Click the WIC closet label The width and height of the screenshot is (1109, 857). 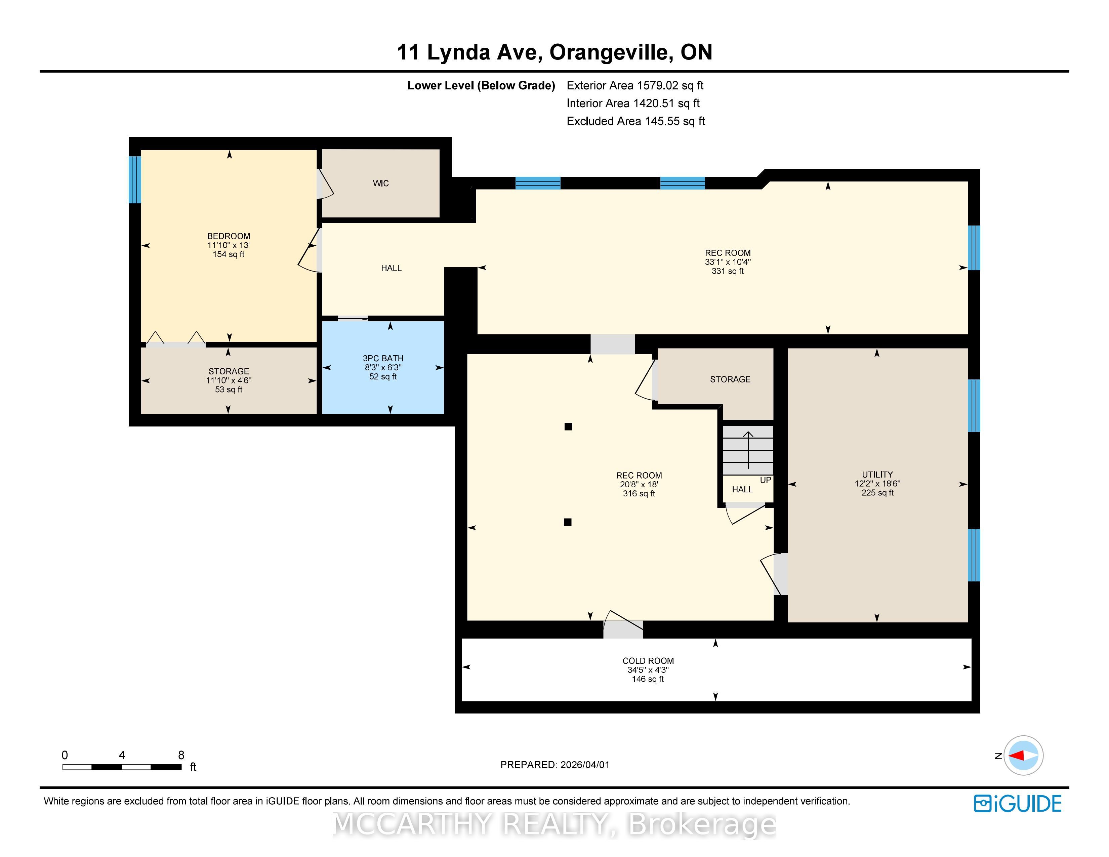pos(381,183)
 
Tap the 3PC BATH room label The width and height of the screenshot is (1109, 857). pos(383,359)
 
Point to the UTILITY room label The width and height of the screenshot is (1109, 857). pos(877,475)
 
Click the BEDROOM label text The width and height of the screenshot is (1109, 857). pos(229,236)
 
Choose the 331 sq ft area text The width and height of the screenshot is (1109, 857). pos(728,271)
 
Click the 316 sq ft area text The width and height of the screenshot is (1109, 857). pos(639,493)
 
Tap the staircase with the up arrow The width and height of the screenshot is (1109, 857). pos(748,450)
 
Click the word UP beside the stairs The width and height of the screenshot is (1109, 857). pos(765,480)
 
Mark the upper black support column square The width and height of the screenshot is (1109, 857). pos(568,426)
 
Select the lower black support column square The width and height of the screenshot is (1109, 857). pos(568,522)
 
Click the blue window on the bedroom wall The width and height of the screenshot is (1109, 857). pos(134,180)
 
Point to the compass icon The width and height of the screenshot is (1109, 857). pos(1023,756)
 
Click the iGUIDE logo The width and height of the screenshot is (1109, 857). pos(1018,804)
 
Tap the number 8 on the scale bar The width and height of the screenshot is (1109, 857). pos(181,755)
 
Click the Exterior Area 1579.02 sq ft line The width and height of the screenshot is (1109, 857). pos(635,85)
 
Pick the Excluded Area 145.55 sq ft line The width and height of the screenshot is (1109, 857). pos(636,121)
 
